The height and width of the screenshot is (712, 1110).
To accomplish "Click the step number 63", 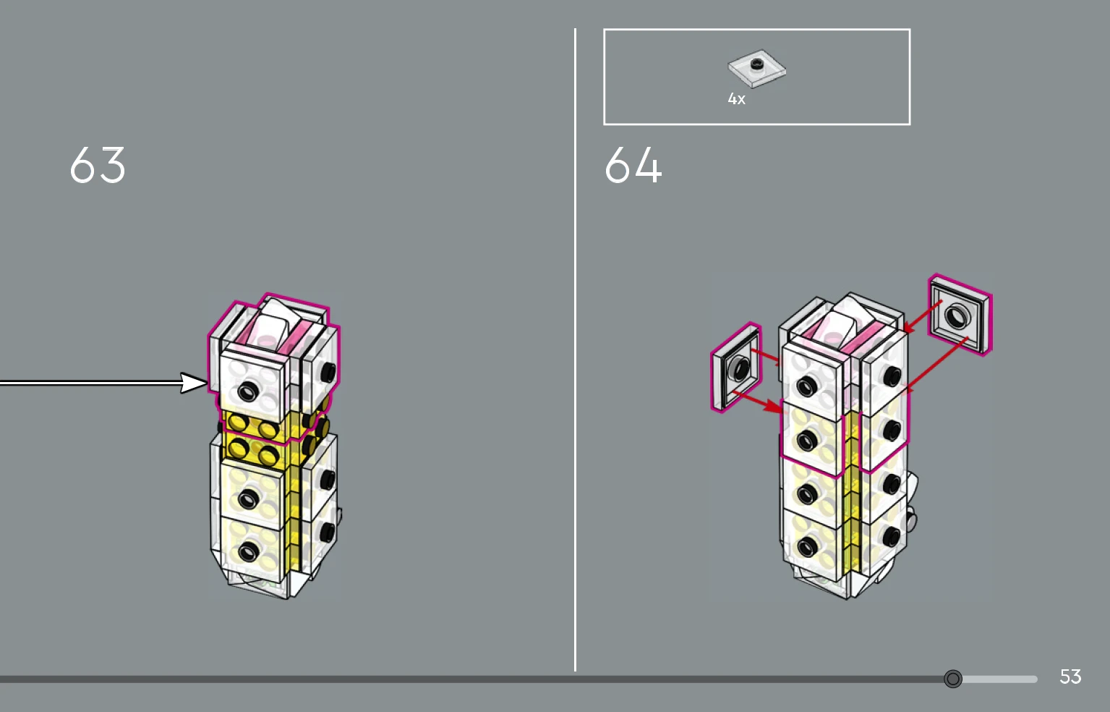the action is click(98, 165).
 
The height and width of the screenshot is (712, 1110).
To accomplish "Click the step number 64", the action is click(633, 165).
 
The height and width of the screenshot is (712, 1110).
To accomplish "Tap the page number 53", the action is click(1070, 677).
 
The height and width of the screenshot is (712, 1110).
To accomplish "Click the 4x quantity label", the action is click(736, 99).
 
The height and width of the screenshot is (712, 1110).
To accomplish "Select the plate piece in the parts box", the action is click(756, 69).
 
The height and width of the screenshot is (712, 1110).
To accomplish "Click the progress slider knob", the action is click(952, 679).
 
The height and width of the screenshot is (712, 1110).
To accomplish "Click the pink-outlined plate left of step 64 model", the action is click(736, 367).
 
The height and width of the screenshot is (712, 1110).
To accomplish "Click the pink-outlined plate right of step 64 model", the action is click(960, 315).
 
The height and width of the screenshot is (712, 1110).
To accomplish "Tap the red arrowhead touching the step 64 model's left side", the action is click(773, 407).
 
